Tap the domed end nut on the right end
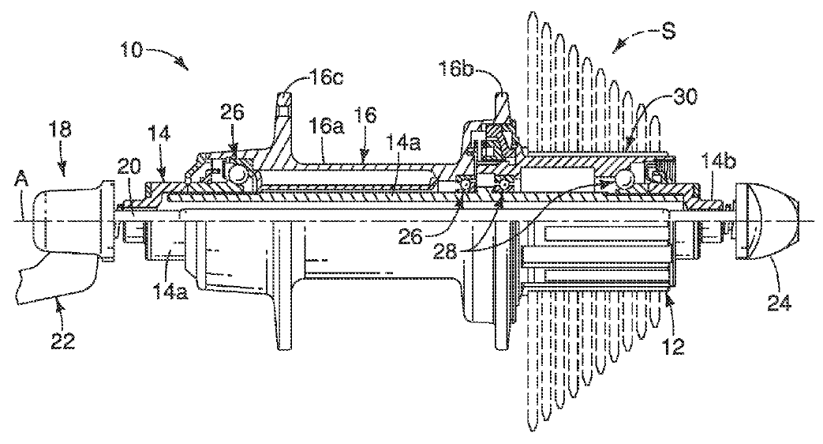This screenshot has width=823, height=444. click(x=765, y=219)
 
